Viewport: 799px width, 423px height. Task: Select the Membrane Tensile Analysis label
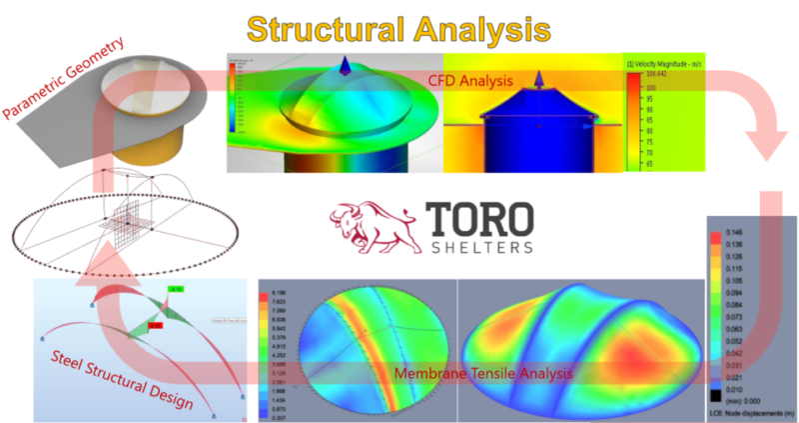tap(483, 373)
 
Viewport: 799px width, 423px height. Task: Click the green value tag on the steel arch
tap(176, 290)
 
